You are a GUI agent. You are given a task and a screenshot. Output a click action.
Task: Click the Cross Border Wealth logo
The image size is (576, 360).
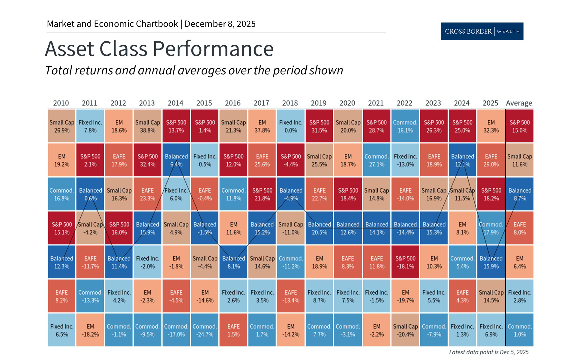(482, 31)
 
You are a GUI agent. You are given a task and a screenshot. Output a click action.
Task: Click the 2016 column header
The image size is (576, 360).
(232, 103)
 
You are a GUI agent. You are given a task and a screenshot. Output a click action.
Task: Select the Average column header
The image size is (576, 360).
(519, 103)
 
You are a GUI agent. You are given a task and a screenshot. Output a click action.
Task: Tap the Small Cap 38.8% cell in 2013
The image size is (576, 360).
(148, 126)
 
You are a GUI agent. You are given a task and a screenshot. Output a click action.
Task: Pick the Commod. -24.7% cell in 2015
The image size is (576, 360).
(205, 330)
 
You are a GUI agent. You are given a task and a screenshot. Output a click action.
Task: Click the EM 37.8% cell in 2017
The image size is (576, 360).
(262, 126)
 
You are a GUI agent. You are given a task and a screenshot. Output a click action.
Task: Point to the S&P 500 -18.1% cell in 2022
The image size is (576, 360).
(405, 262)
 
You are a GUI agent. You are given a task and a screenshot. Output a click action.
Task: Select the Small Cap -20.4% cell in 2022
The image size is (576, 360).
(405, 330)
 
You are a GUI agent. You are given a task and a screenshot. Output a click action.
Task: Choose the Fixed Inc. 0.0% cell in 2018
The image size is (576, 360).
(290, 126)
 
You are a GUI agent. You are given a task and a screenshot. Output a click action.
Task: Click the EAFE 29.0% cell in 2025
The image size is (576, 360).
(491, 160)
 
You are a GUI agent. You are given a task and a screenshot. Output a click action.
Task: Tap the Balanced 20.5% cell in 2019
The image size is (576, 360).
(319, 228)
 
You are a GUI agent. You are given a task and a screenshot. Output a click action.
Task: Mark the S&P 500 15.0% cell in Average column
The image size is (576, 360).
(520, 126)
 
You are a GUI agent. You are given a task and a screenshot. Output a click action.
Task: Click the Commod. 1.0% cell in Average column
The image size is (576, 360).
(520, 330)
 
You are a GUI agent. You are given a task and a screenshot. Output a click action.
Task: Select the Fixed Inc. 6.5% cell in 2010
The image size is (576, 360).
(61, 330)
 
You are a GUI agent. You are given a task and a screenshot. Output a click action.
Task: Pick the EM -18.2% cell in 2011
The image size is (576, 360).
(90, 330)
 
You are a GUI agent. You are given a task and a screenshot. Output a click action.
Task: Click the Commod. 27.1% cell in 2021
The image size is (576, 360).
(376, 160)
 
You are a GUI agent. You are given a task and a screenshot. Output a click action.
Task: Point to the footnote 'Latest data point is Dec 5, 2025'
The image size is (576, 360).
(489, 352)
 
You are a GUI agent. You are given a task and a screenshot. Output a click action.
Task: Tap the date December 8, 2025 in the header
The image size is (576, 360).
(220, 24)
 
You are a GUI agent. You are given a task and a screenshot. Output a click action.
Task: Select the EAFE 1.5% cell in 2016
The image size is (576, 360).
(233, 330)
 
